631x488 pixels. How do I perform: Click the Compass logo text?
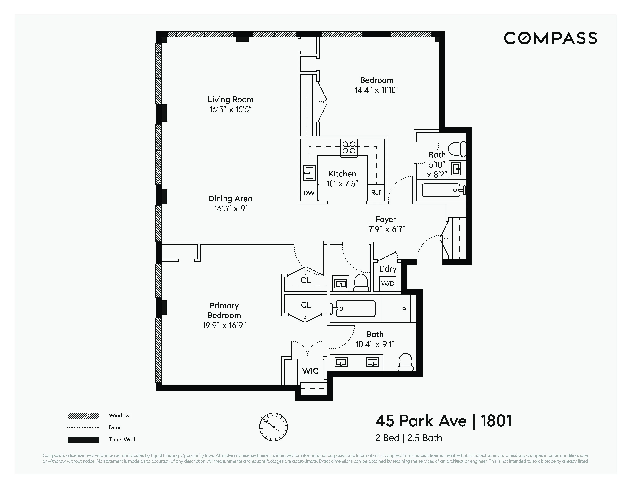click(x=550, y=38)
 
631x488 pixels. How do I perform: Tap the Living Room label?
click(x=231, y=100)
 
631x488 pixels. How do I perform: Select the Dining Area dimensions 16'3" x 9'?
click(x=231, y=208)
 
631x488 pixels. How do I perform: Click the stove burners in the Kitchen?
click(x=349, y=147)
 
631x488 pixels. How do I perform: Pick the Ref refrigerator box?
click(x=376, y=193)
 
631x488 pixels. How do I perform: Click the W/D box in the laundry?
click(x=387, y=283)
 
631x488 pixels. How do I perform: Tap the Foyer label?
click(x=385, y=219)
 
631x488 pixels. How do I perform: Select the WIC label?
click(x=310, y=371)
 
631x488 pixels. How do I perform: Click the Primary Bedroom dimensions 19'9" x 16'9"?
click(x=224, y=325)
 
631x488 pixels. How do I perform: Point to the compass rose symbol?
click(x=273, y=427)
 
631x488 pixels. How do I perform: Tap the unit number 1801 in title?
click(x=496, y=421)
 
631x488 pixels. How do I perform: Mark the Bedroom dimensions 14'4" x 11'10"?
click(x=376, y=90)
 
